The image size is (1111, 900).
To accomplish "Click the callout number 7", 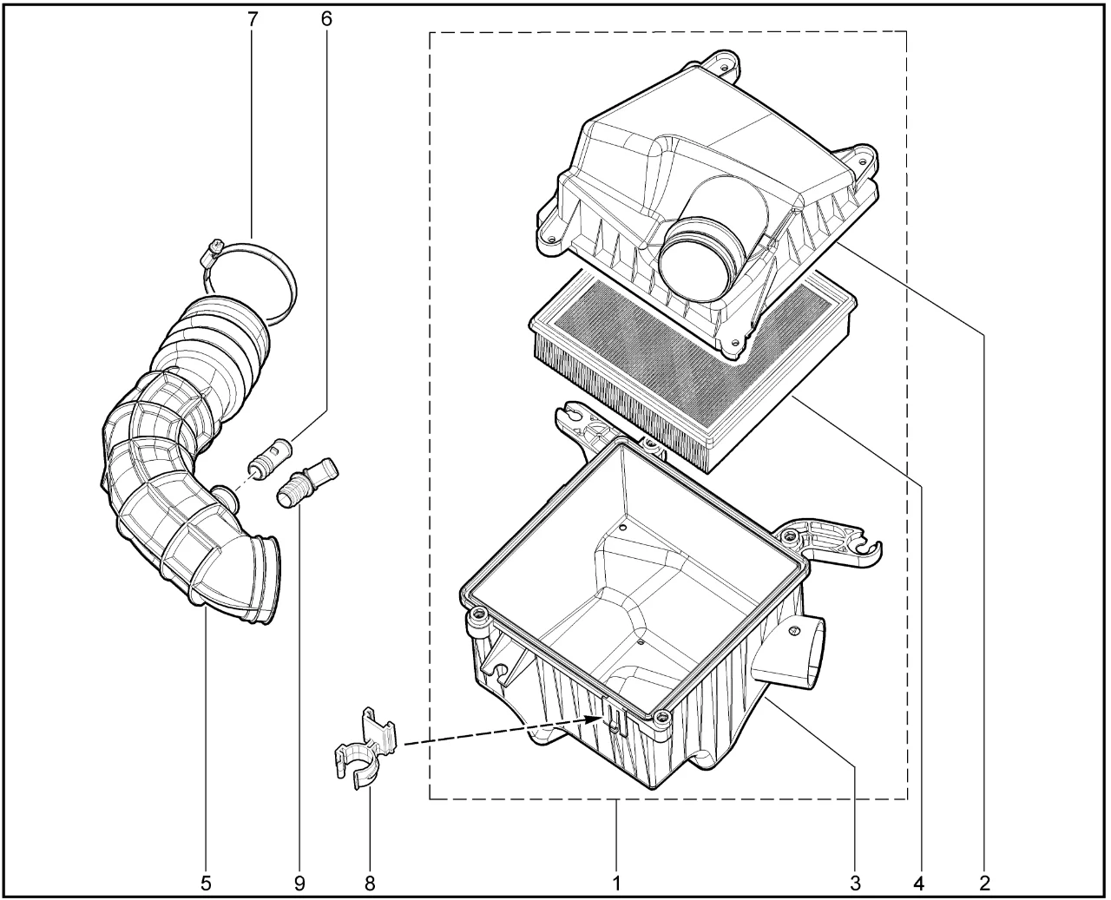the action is click(x=253, y=19).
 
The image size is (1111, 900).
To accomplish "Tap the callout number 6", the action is click(x=326, y=19).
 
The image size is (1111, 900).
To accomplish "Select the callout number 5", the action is click(x=206, y=884).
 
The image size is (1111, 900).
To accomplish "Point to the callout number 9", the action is click(x=299, y=884).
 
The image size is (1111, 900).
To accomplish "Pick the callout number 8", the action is click(x=370, y=884).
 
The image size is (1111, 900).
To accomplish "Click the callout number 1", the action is click(x=616, y=884).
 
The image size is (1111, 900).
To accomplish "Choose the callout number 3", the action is click(x=856, y=884).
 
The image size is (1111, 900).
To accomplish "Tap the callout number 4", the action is click(x=919, y=884).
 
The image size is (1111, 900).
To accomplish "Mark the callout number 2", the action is click(x=985, y=884).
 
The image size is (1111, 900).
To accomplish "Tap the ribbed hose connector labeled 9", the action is click(x=306, y=482).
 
